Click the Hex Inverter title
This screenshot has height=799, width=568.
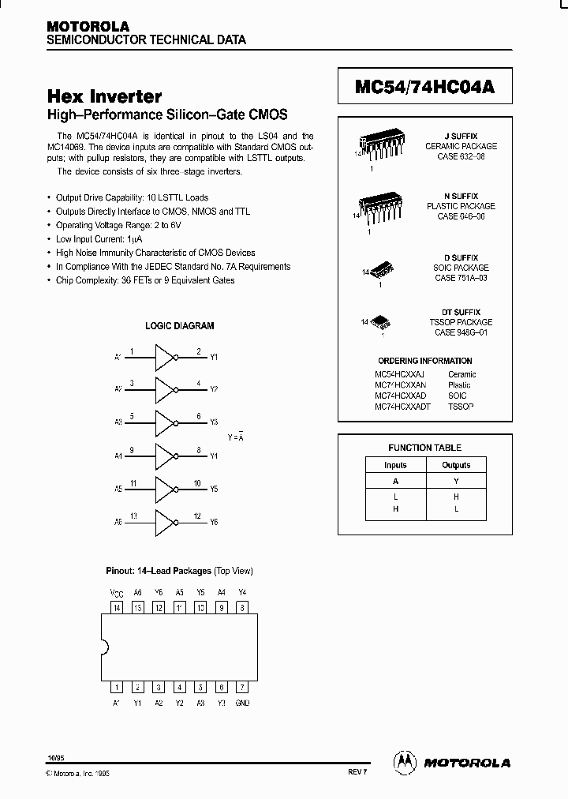pos(105,96)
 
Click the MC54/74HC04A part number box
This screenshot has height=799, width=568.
pos(424,87)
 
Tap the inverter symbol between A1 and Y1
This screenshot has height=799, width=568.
pos(165,357)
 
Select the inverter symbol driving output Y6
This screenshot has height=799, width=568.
pos(165,522)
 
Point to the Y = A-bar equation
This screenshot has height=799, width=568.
pos(236,437)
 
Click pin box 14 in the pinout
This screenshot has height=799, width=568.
pos(117,607)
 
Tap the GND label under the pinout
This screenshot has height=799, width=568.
pos(242,702)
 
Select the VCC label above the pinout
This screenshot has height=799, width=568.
pos(116,592)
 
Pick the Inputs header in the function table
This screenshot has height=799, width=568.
pos(395,465)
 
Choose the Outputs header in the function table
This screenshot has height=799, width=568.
pos(455,465)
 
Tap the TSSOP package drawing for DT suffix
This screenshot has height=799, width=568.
pos(382,321)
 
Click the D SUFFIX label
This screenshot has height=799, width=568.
pos(461,257)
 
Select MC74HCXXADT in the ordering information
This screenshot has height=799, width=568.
pos(402,406)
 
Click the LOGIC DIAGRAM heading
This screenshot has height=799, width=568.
pos(179,325)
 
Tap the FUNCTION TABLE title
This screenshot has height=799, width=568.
pos(424,448)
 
